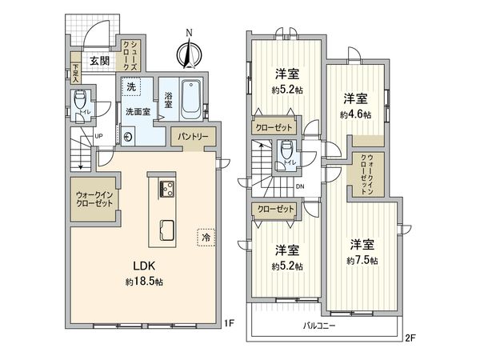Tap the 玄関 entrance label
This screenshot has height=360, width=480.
99,60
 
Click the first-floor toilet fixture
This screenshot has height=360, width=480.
79,102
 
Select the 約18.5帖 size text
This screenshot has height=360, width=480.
144,282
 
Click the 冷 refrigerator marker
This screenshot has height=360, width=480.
206,238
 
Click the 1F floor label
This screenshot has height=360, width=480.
228,324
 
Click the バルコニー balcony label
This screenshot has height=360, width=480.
319,326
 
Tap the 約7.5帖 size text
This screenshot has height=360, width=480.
362,261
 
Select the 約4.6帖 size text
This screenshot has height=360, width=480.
355,114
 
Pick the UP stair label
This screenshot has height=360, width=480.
98,136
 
